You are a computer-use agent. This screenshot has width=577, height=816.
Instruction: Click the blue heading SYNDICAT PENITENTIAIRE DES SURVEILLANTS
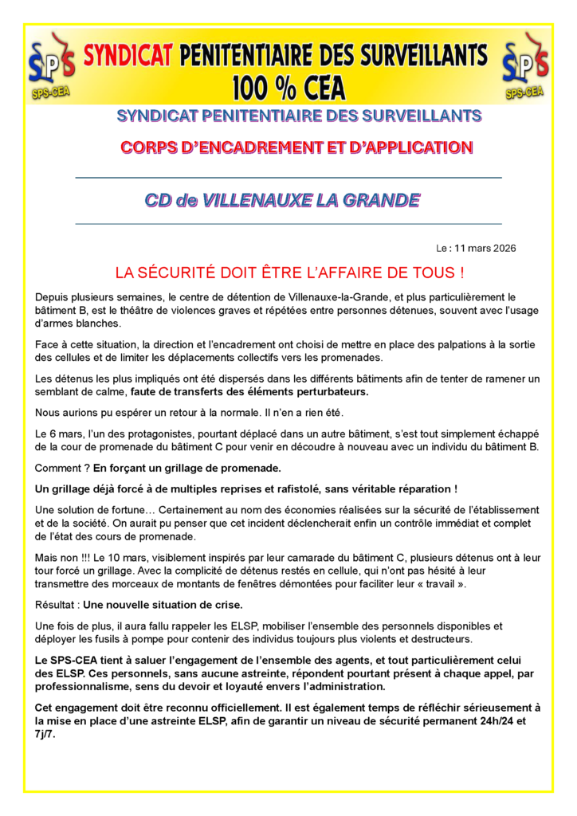pyautogui.click(x=299, y=116)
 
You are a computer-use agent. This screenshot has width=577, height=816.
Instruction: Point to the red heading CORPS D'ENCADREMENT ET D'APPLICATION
pyautogui.click(x=296, y=147)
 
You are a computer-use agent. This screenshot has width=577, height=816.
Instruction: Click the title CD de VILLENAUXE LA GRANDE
pyautogui.click(x=282, y=200)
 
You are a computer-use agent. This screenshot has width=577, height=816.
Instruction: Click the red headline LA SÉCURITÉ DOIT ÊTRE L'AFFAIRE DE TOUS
pyautogui.click(x=289, y=273)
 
